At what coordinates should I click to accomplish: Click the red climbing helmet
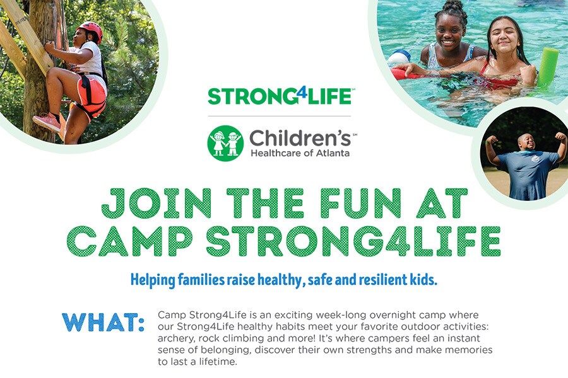(90, 30)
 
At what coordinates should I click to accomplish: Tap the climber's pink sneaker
(47, 122)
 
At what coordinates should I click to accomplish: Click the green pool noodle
(547, 67)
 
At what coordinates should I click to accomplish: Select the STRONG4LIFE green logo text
(280, 96)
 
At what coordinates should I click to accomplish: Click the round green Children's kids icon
(225, 143)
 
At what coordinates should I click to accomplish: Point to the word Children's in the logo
(300, 138)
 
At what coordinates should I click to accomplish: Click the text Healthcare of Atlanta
(300, 153)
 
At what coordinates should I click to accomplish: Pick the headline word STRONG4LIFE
(353, 241)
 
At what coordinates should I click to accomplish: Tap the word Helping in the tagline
(153, 280)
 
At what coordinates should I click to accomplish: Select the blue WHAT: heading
(104, 323)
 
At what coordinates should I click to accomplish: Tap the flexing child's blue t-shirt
(528, 175)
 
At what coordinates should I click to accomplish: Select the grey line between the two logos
(280, 116)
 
